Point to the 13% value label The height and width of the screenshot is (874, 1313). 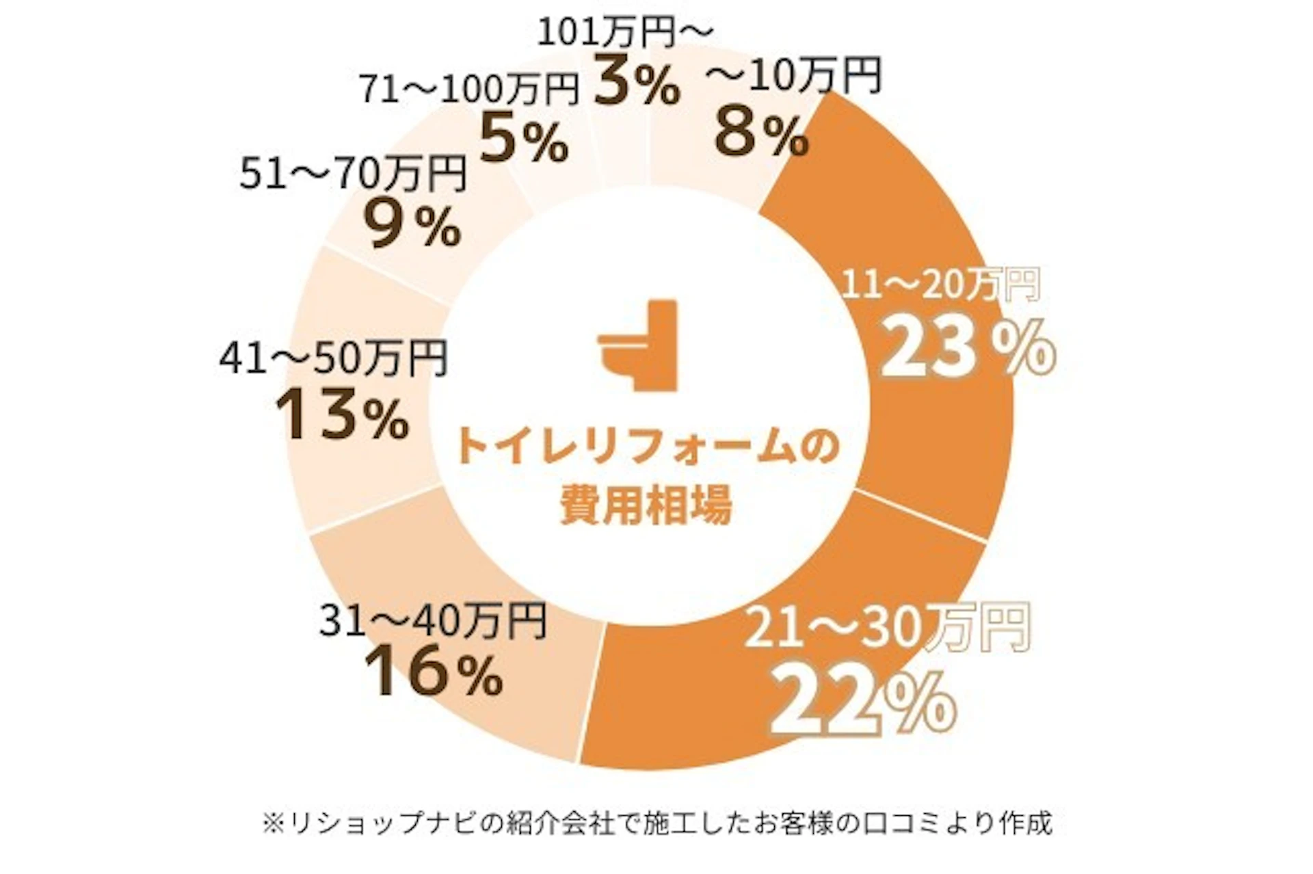coord(342,415)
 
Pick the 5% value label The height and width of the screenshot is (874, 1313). coord(523,140)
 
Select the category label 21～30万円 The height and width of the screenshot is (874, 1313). coord(887,627)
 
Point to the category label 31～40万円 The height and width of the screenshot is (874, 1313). coord(433,621)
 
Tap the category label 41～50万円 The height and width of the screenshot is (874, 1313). coord(333,358)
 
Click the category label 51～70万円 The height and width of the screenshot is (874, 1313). coord(353,174)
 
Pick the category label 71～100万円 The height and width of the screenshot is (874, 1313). coord(470,90)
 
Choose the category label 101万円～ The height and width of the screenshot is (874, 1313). coord(625,32)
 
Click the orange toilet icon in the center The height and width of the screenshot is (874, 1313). coord(637,345)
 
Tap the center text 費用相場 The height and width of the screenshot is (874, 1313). coord(646,505)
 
